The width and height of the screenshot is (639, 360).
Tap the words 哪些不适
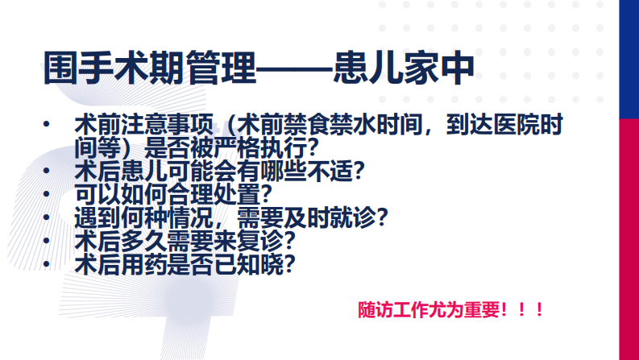tap(309, 172)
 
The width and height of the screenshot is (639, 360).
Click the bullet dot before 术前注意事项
tap(48, 126)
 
